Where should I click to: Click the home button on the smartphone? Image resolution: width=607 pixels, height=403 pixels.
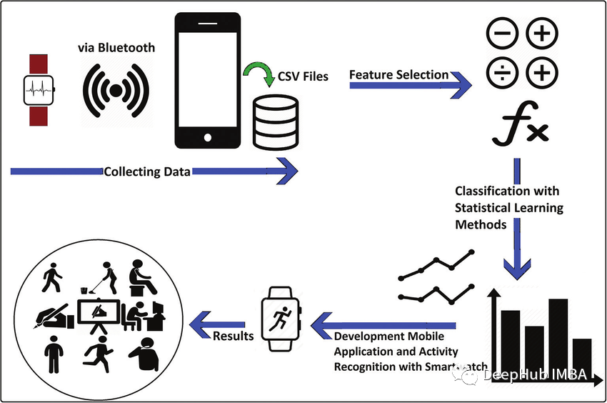pyautogui.click(x=207, y=136)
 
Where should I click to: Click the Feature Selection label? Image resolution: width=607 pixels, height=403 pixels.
pyautogui.click(x=398, y=74)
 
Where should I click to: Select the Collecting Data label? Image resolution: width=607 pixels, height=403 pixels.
pyautogui.click(x=147, y=172)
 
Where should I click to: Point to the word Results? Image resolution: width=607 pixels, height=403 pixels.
pyautogui.click(x=234, y=335)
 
